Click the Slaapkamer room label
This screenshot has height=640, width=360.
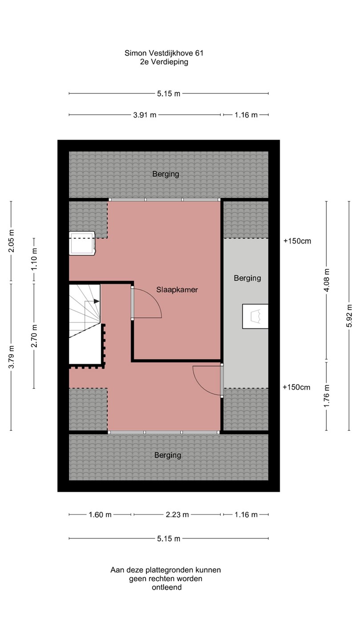click(177, 290)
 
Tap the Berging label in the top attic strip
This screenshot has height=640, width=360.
click(166, 174)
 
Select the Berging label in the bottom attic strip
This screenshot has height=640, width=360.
click(168, 455)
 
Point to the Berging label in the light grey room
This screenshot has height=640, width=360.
click(248, 278)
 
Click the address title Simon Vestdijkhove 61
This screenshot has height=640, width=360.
click(164, 53)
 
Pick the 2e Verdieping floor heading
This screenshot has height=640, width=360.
click(164, 62)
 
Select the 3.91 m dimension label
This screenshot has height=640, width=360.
click(145, 115)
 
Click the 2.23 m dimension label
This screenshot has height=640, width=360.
click(177, 515)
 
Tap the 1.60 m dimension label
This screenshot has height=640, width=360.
click(100, 515)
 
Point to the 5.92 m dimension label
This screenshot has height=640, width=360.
click(349, 316)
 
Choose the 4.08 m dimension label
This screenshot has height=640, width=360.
click(327, 280)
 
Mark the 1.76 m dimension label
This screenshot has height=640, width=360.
click(327, 396)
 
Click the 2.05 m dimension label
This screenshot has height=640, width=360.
click(11, 241)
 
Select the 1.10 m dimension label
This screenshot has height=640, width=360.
click(34, 259)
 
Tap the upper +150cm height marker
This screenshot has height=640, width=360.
click(297, 241)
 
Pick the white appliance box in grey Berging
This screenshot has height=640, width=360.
click(255, 316)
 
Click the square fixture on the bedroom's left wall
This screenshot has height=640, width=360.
click(82, 243)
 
